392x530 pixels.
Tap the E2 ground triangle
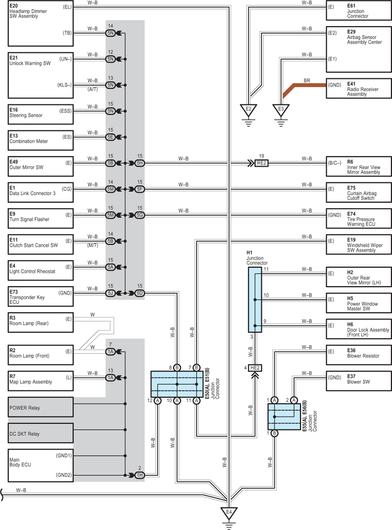click(248, 110)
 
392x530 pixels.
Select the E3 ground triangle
click(281, 110)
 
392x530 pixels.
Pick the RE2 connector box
click(261, 163)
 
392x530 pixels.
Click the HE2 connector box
click(255, 368)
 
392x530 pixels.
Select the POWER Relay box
click(40, 407)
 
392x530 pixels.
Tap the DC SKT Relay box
click(40, 433)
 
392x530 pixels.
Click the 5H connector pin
click(139, 163)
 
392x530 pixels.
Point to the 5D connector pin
click(139, 294)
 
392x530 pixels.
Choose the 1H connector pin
click(139, 475)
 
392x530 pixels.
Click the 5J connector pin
click(110, 294)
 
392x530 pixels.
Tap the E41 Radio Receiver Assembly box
click(359, 89)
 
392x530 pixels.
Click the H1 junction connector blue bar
click(255, 300)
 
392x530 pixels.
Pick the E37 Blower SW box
click(359, 381)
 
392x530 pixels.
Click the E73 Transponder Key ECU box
click(40, 297)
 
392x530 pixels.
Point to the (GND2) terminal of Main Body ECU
click(64, 475)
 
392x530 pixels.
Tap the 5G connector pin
click(139, 215)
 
